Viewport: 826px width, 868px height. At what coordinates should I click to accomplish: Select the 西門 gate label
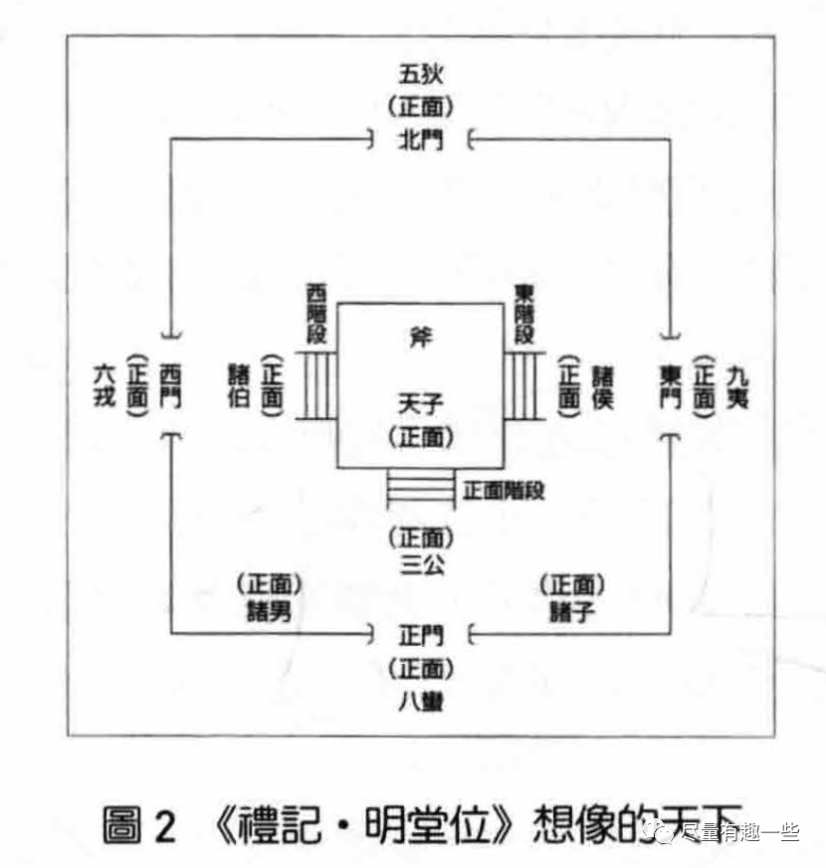tap(170, 383)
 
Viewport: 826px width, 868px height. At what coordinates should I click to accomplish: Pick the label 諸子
tap(572, 610)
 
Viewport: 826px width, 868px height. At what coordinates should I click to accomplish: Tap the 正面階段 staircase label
tap(504, 490)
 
